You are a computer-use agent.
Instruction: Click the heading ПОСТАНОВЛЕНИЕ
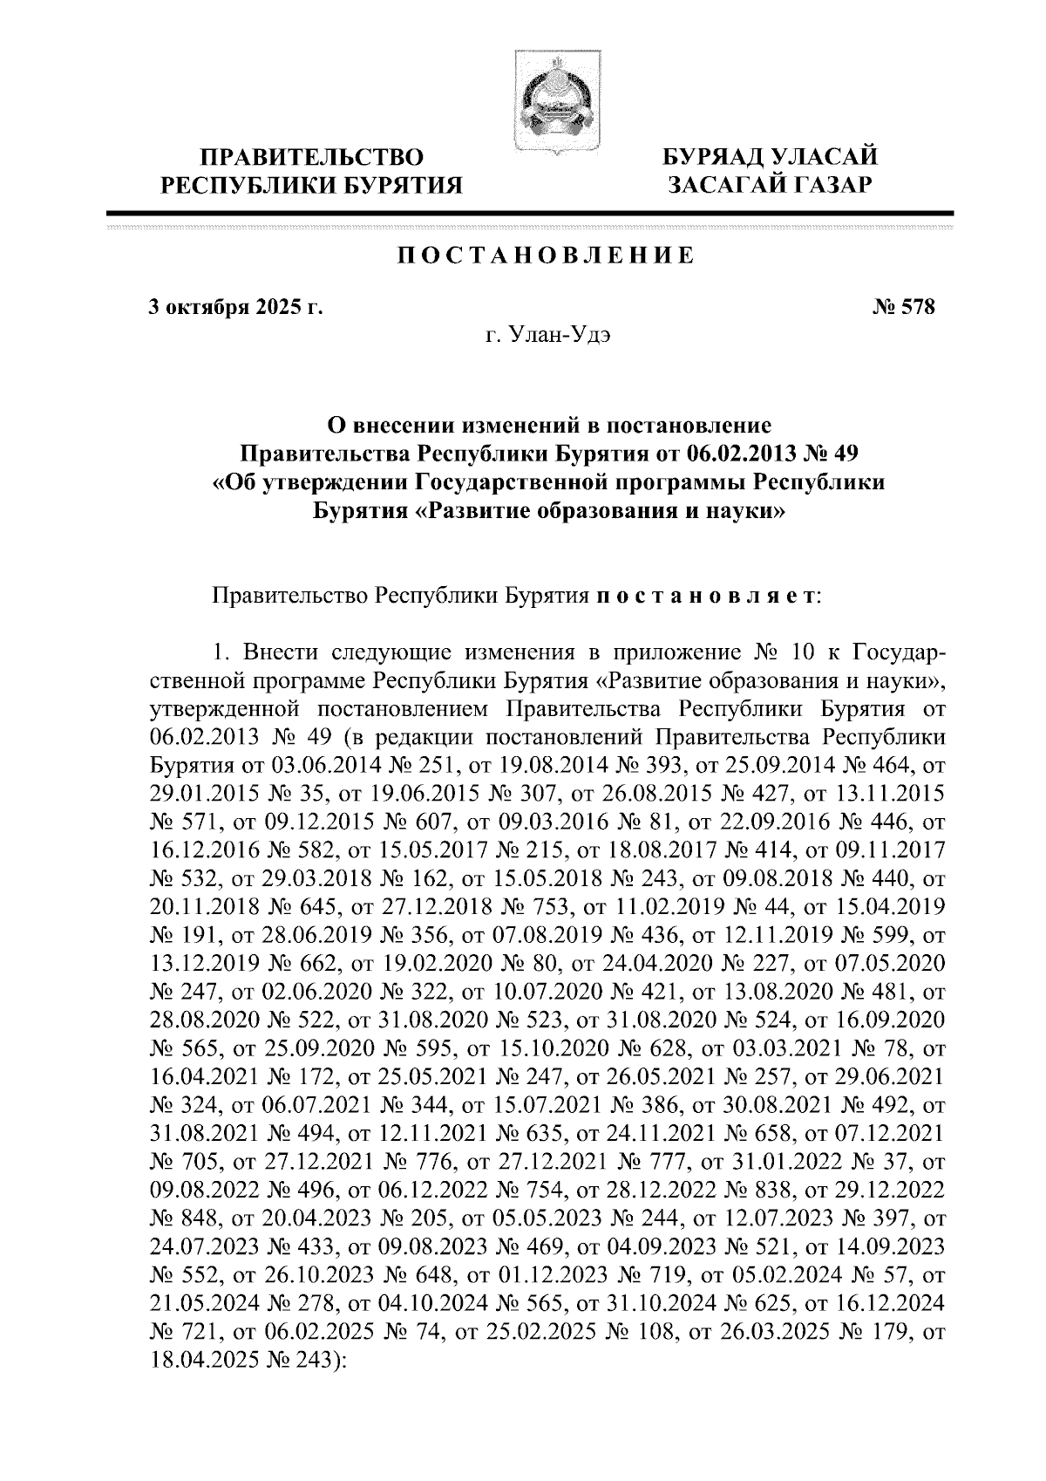[547, 256]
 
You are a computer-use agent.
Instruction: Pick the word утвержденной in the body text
[224, 709]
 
